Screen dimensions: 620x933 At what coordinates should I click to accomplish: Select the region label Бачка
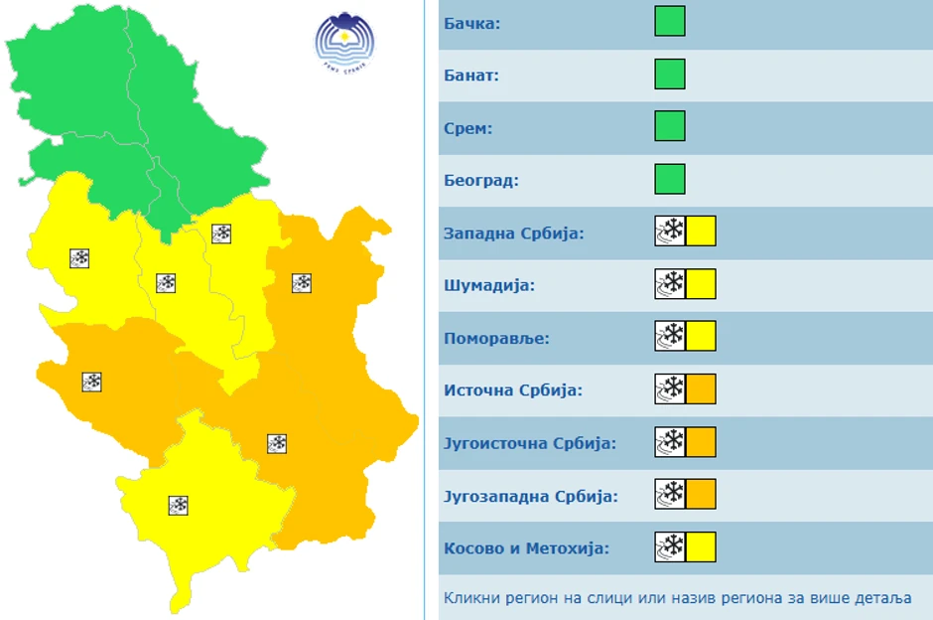(x=472, y=23)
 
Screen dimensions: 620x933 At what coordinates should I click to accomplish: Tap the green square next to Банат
(x=670, y=75)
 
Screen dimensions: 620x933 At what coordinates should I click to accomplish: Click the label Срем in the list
(x=468, y=128)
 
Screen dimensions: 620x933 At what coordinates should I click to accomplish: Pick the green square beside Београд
(x=670, y=179)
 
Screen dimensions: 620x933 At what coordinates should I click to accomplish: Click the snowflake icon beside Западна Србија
(x=670, y=232)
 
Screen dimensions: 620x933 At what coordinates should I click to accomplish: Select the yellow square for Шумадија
(x=701, y=284)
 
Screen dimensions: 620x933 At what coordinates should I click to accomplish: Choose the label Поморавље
(x=495, y=338)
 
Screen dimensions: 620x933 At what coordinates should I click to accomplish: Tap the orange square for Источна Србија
(x=701, y=389)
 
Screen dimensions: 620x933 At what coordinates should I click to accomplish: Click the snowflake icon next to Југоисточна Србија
(x=670, y=442)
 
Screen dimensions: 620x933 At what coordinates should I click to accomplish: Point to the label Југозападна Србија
(x=530, y=496)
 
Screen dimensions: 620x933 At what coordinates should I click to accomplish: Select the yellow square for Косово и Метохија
(x=701, y=547)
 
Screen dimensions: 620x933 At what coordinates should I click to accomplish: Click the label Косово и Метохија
(x=526, y=548)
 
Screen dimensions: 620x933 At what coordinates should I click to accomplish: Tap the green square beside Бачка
(x=670, y=21)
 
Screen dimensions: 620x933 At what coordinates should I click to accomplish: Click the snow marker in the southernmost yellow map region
(x=179, y=505)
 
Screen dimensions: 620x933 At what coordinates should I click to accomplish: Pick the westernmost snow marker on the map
(x=79, y=258)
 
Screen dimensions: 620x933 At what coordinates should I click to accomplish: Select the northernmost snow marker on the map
(x=221, y=233)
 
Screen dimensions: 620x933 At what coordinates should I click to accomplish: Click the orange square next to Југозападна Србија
(x=701, y=494)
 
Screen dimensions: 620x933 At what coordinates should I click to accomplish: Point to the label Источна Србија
(x=513, y=390)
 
